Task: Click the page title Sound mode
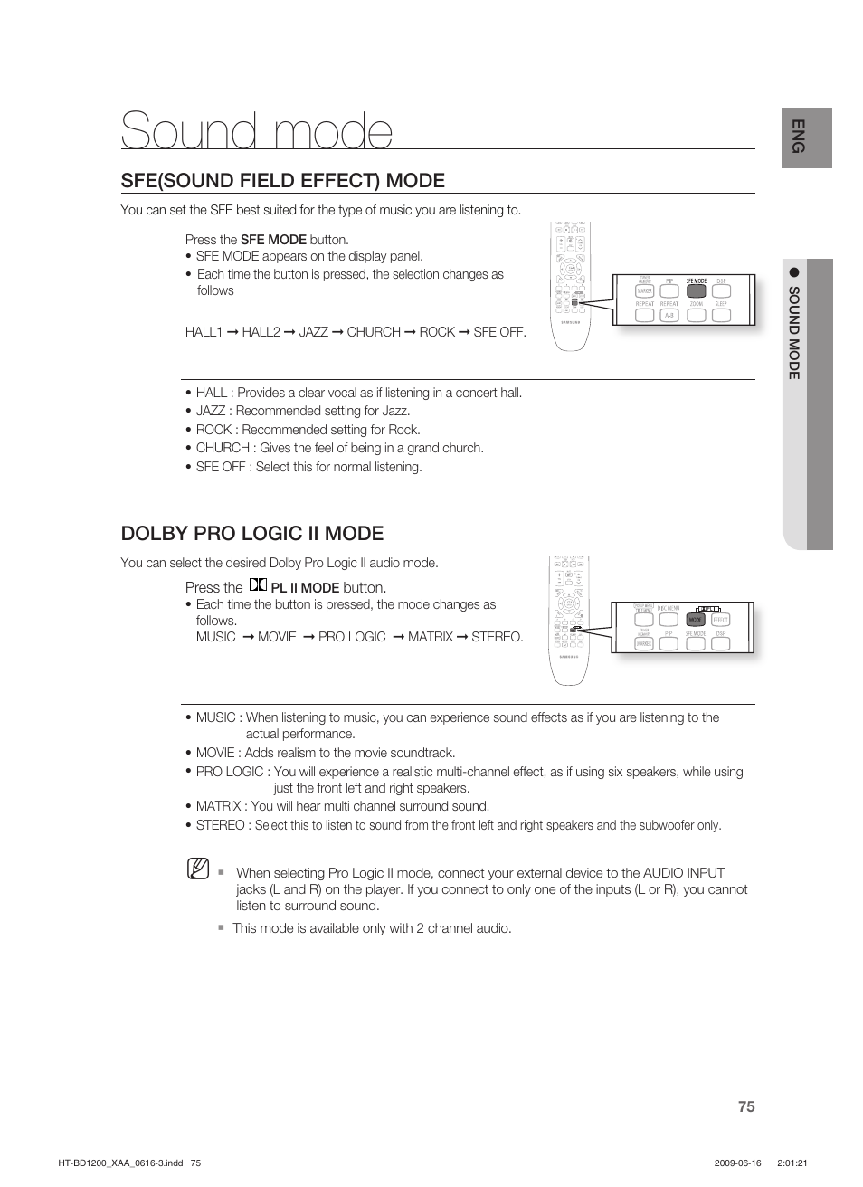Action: pos(257,132)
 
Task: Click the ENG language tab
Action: pos(797,136)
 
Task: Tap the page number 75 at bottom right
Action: pos(745,1106)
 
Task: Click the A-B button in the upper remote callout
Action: pos(669,316)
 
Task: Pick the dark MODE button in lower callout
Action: pos(695,621)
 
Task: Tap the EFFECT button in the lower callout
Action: pos(720,621)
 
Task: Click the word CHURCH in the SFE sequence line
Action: pos(374,332)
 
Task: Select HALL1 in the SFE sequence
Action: pos(204,332)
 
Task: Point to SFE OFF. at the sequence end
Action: pos(499,332)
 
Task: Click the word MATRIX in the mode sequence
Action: pos(430,637)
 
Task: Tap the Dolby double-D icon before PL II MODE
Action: pos(258,586)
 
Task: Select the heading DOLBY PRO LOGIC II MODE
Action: pos(252,533)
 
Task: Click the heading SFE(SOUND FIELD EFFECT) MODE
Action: pos(282,180)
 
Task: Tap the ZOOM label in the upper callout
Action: pos(696,304)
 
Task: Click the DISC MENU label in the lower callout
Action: pos(669,609)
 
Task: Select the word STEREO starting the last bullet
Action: pos(220,825)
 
